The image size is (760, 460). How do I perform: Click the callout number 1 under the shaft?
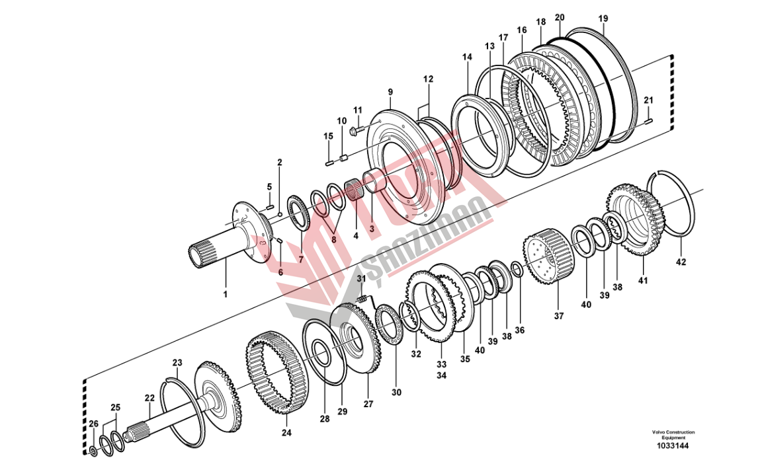point(225,293)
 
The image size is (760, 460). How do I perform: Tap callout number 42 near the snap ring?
point(681,262)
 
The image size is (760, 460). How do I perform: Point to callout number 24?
point(286,433)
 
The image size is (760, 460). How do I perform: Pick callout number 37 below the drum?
point(559,316)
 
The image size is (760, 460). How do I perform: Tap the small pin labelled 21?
point(648,120)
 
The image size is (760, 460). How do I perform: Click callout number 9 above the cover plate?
point(390,92)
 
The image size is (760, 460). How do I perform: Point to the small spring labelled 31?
point(362,301)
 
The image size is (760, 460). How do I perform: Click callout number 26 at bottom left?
point(93,424)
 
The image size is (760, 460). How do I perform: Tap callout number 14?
point(467,57)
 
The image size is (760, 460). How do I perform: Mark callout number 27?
point(368,402)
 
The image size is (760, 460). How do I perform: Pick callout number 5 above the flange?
point(269,186)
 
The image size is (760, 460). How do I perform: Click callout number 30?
point(396,393)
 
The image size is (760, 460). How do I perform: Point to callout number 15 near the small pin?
point(328,136)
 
